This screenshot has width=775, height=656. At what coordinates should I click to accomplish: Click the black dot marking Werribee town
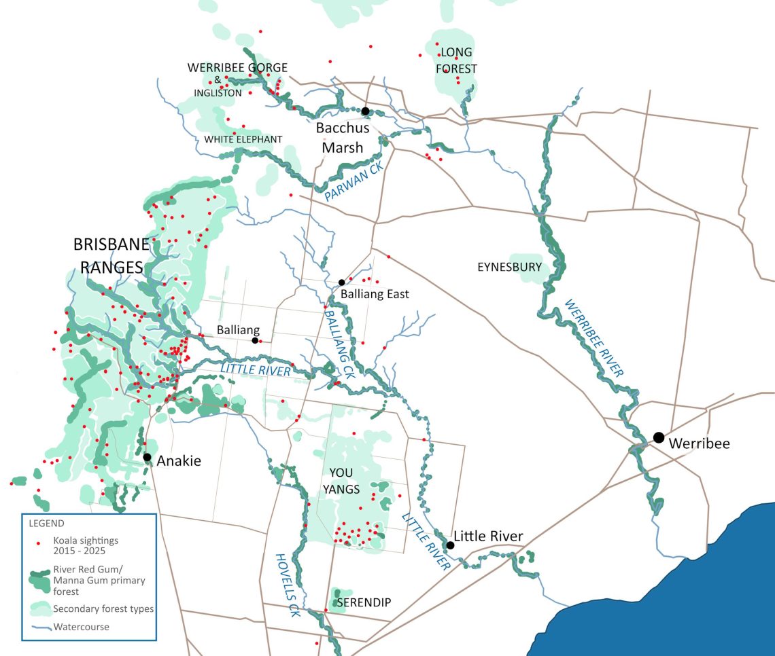coord(658,437)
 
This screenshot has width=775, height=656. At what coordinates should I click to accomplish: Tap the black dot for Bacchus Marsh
coord(365,111)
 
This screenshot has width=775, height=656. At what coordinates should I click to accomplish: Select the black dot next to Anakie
coord(147,457)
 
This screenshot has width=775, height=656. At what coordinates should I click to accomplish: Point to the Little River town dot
coord(450,545)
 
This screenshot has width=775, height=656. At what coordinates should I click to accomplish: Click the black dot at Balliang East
coord(342,283)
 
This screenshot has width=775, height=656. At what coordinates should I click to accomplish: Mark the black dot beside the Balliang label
coord(255,340)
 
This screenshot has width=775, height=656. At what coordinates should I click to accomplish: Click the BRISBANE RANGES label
coord(111,255)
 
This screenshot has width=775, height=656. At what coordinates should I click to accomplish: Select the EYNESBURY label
coord(509,267)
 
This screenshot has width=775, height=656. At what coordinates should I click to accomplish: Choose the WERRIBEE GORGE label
coord(238,67)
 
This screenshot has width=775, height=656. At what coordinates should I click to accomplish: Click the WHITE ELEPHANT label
coord(243,139)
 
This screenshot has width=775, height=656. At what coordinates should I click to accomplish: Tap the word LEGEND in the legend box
coord(46,524)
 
